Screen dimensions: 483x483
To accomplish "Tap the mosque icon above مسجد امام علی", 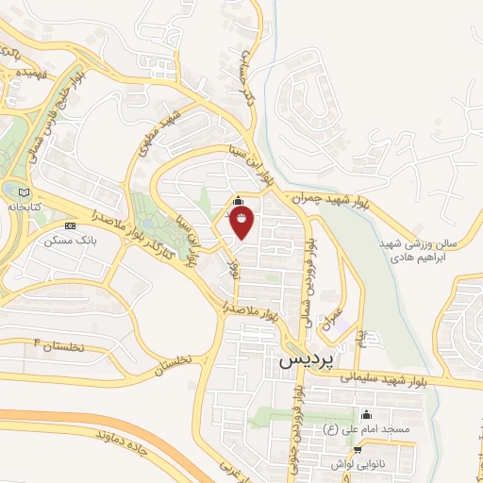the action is click(367, 414).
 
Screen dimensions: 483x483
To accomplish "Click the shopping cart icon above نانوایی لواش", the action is click(358, 449).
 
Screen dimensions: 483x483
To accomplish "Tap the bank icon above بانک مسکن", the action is click(71, 225).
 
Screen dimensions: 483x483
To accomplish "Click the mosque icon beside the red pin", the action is click(237, 202).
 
